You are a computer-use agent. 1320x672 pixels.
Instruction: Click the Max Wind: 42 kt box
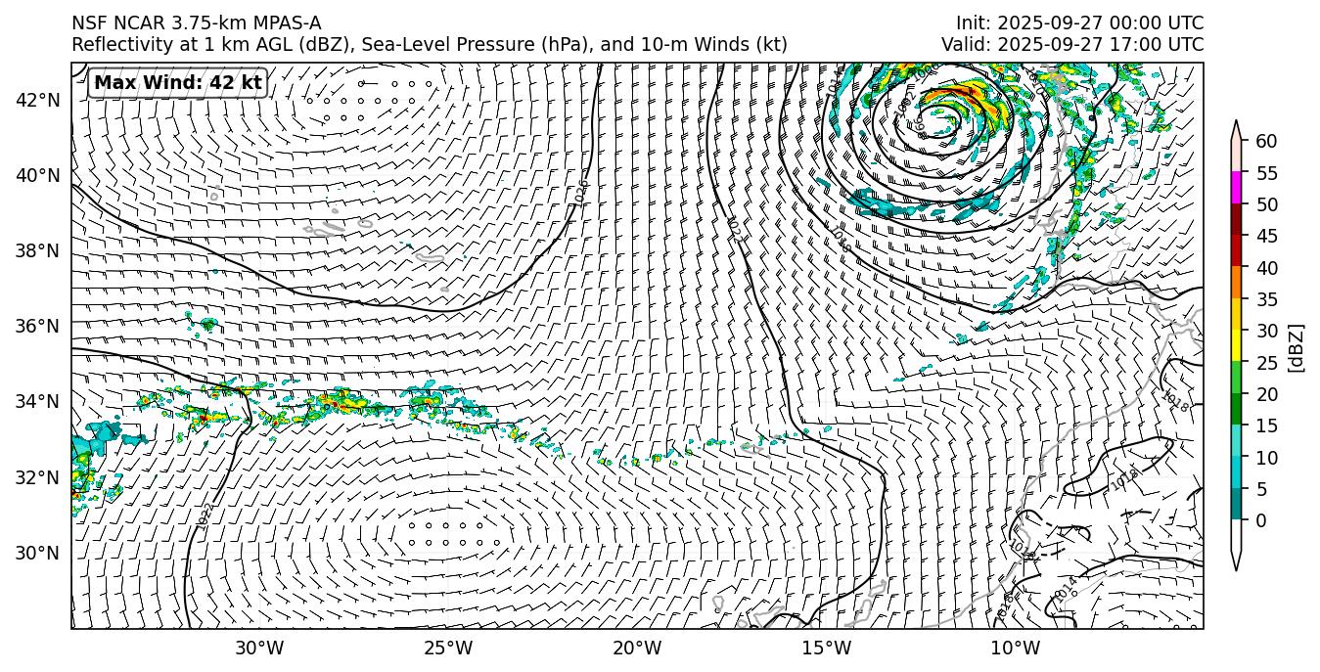(x=177, y=83)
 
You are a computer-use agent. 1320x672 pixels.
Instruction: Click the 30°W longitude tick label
(x=259, y=648)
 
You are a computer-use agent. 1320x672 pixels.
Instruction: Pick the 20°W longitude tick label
(x=637, y=648)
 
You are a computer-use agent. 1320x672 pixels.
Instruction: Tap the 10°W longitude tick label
(x=1015, y=648)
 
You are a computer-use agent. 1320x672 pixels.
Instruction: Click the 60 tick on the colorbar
(x=1266, y=141)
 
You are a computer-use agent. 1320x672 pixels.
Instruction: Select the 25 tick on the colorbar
(x=1266, y=362)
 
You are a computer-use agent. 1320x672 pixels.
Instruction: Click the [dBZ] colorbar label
(x=1297, y=347)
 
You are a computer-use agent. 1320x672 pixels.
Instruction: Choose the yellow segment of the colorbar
(x=1236, y=346)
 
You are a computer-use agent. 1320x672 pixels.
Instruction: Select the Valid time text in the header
(x=1072, y=45)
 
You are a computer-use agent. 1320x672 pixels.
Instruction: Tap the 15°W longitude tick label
(x=826, y=648)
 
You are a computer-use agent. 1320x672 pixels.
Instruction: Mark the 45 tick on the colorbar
(x=1266, y=236)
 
